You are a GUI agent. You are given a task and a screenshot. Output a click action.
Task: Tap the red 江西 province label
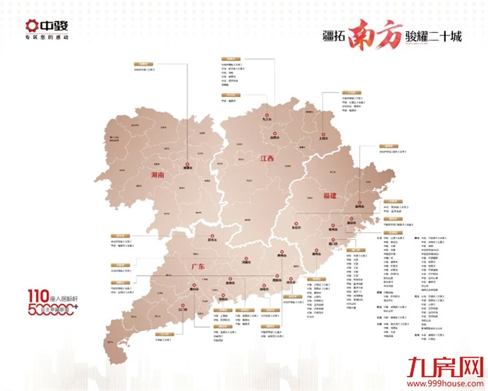[x=268, y=158]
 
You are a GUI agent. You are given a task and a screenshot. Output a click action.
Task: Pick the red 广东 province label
[x=197, y=267]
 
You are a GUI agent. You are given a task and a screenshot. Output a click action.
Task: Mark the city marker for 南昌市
[x=273, y=135]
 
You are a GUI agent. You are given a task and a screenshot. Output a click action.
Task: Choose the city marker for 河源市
[x=245, y=261]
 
